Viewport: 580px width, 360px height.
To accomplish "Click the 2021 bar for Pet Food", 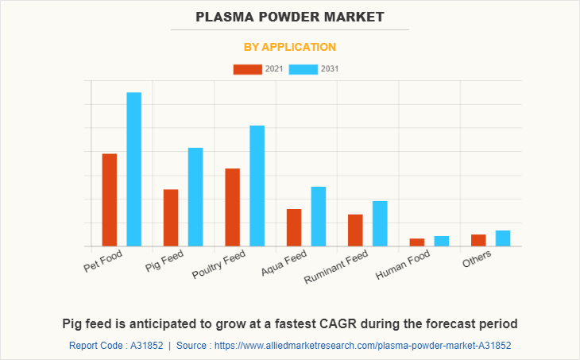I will tap(109, 199).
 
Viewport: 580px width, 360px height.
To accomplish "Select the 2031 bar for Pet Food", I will tap(133, 169).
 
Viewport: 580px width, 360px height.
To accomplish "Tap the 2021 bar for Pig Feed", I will tap(171, 218).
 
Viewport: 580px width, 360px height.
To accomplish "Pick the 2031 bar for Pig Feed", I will tap(195, 197).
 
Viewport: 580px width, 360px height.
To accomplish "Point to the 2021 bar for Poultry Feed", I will tap(232, 207).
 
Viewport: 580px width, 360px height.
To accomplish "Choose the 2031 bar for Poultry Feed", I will tap(257, 186).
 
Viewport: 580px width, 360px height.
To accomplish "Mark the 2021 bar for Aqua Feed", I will tap(294, 227).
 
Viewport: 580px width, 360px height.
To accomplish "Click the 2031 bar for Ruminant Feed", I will tap(380, 223).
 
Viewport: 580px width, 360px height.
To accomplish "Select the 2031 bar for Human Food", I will tap(442, 241).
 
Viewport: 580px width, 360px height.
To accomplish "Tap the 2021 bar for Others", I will tap(478, 240).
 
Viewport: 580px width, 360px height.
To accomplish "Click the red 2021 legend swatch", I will tap(247, 69).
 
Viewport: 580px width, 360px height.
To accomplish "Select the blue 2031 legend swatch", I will tap(304, 69).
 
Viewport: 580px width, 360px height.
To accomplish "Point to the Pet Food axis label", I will tap(103, 261).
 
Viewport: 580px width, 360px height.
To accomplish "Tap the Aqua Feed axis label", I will tap(284, 265).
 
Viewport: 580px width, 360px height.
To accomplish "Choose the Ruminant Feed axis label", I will tap(337, 268).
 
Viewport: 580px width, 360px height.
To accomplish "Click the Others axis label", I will tap(477, 258).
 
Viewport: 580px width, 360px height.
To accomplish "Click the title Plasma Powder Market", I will tap(290, 16).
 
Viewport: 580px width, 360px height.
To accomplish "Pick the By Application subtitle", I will tap(290, 47).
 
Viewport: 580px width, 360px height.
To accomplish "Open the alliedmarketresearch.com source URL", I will tap(364, 346).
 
